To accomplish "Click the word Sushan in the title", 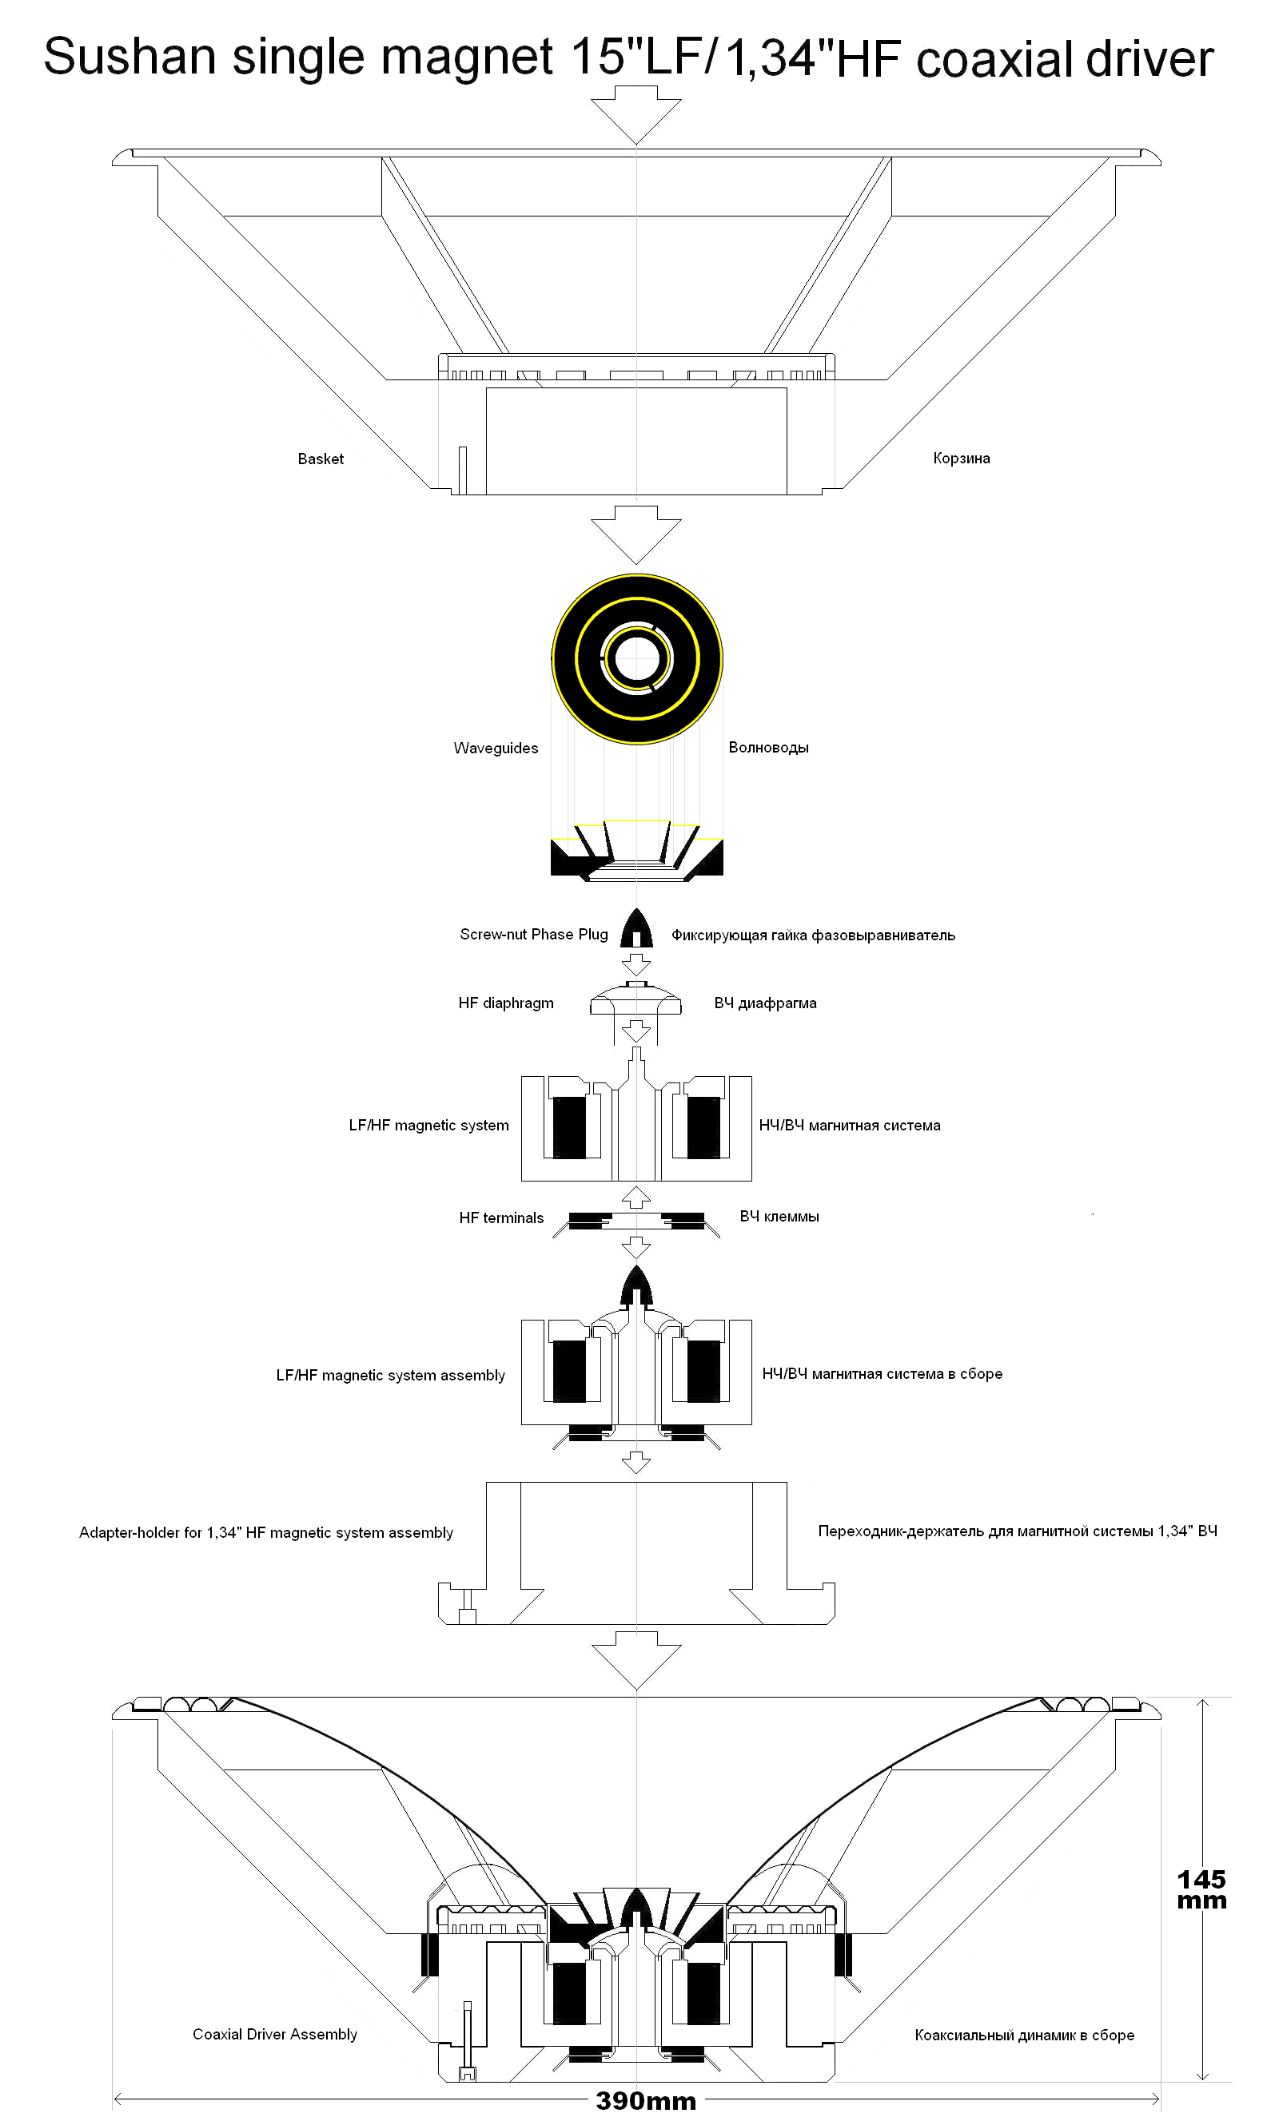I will pos(129,58).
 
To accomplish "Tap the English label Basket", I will pos(321,459).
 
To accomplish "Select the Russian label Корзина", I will pos(961,458).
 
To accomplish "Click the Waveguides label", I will pos(495,748).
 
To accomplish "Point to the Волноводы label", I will pos(768,747).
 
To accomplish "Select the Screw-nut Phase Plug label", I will pos(533,934).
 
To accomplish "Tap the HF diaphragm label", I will pos(505,1003).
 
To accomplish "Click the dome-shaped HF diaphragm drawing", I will pos(636,999).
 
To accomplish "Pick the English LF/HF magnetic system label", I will pos(428,1125).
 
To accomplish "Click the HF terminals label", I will pos(501,1217).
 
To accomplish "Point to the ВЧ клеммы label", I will pos(779,1216).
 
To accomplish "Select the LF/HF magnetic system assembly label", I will pos(390,1375).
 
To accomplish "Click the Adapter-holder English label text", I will pos(265,1532).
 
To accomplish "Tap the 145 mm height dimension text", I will pos(1201,1889).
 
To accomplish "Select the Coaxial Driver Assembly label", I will pos(274,2034).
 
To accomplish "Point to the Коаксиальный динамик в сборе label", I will pos(1024,2035).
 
